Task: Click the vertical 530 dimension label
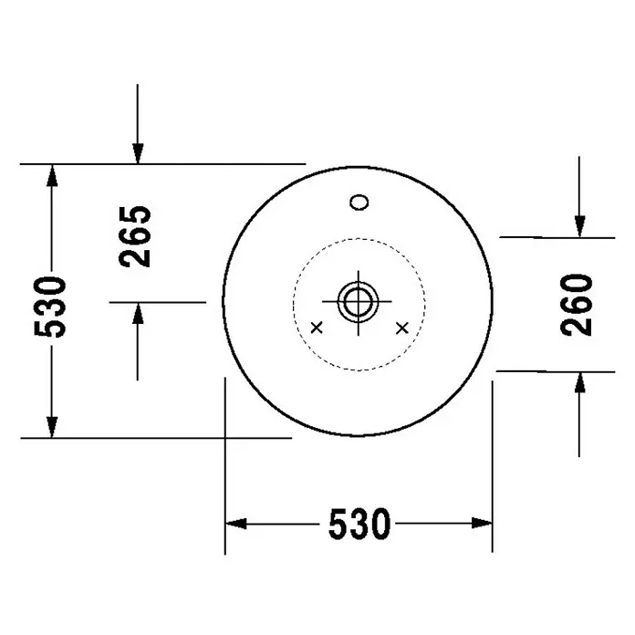pyautogui.click(x=50, y=307)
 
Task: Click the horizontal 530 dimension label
pyautogui.click(x=359, y=524)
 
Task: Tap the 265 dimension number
pyautogui.click(x=135, y=236)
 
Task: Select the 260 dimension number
pyautogui.click(x=577, y=305)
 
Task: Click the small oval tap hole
pyautogui.click(x=359, y=202)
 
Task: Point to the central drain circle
pyautogui.click(x=358, y=302)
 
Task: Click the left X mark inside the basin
pyautogui.click(x=317, y=328)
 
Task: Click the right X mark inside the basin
pyautogui.click(x=402, y=328)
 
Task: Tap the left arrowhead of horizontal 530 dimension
pyautogui.click(x=235, y=523)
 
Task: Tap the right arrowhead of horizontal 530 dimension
pyautogui.click(x=482, y=523)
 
